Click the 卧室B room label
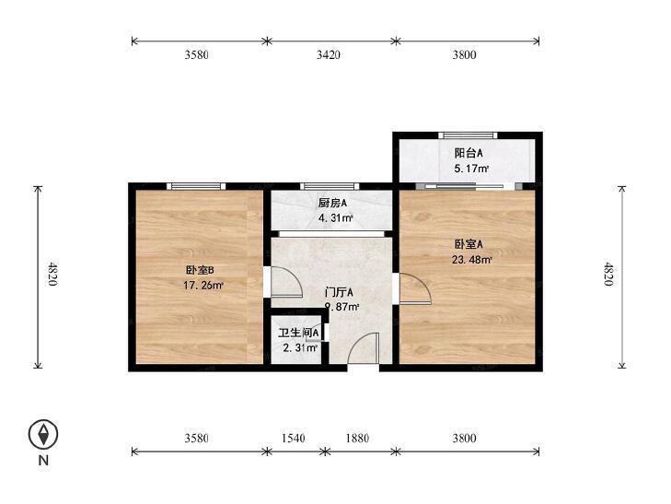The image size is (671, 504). [x=200, y=270]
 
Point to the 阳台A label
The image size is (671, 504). [x=469, y=154]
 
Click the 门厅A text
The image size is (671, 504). [x=340, y=292]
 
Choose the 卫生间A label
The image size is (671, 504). [x=298, y=333]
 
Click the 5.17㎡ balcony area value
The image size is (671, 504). [x=471, y=170]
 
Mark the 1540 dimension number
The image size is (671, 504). [x=292, y=439]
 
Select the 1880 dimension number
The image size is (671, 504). [x=360, y=439]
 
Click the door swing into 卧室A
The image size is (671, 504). [x=414, y=289]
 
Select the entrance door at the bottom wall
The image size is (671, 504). [x=364, y=351]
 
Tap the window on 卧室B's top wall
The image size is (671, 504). [x=196, y=187]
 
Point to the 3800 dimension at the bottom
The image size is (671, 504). [x=464, y=439]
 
